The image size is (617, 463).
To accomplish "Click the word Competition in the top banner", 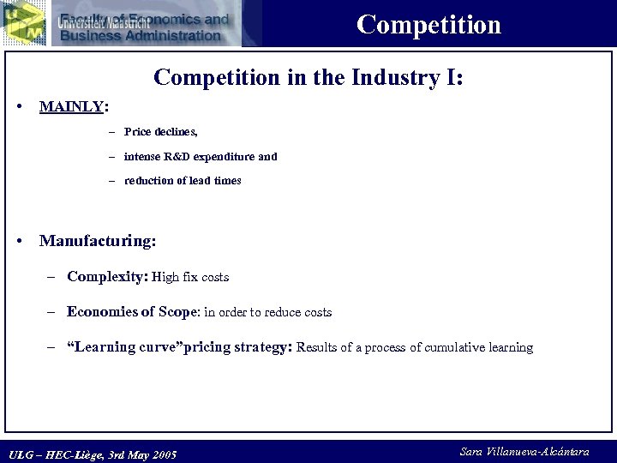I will coord(428,24).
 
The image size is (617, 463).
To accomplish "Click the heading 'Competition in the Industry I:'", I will coord(308,77).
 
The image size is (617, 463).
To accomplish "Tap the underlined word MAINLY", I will coord(71,107).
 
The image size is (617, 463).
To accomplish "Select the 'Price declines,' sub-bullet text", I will coord(161,132).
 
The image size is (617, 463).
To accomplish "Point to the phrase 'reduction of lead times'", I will coord(183,181).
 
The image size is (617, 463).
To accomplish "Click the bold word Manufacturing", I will coord(97,241).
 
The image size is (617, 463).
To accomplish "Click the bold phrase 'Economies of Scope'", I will coord(132,312).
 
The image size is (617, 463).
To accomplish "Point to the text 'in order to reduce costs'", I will coord(267,313).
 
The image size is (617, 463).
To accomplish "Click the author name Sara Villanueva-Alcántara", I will coord(524,452).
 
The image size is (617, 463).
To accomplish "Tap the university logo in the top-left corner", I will coord(23,22).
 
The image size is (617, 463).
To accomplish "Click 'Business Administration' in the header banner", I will coord(141,35).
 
